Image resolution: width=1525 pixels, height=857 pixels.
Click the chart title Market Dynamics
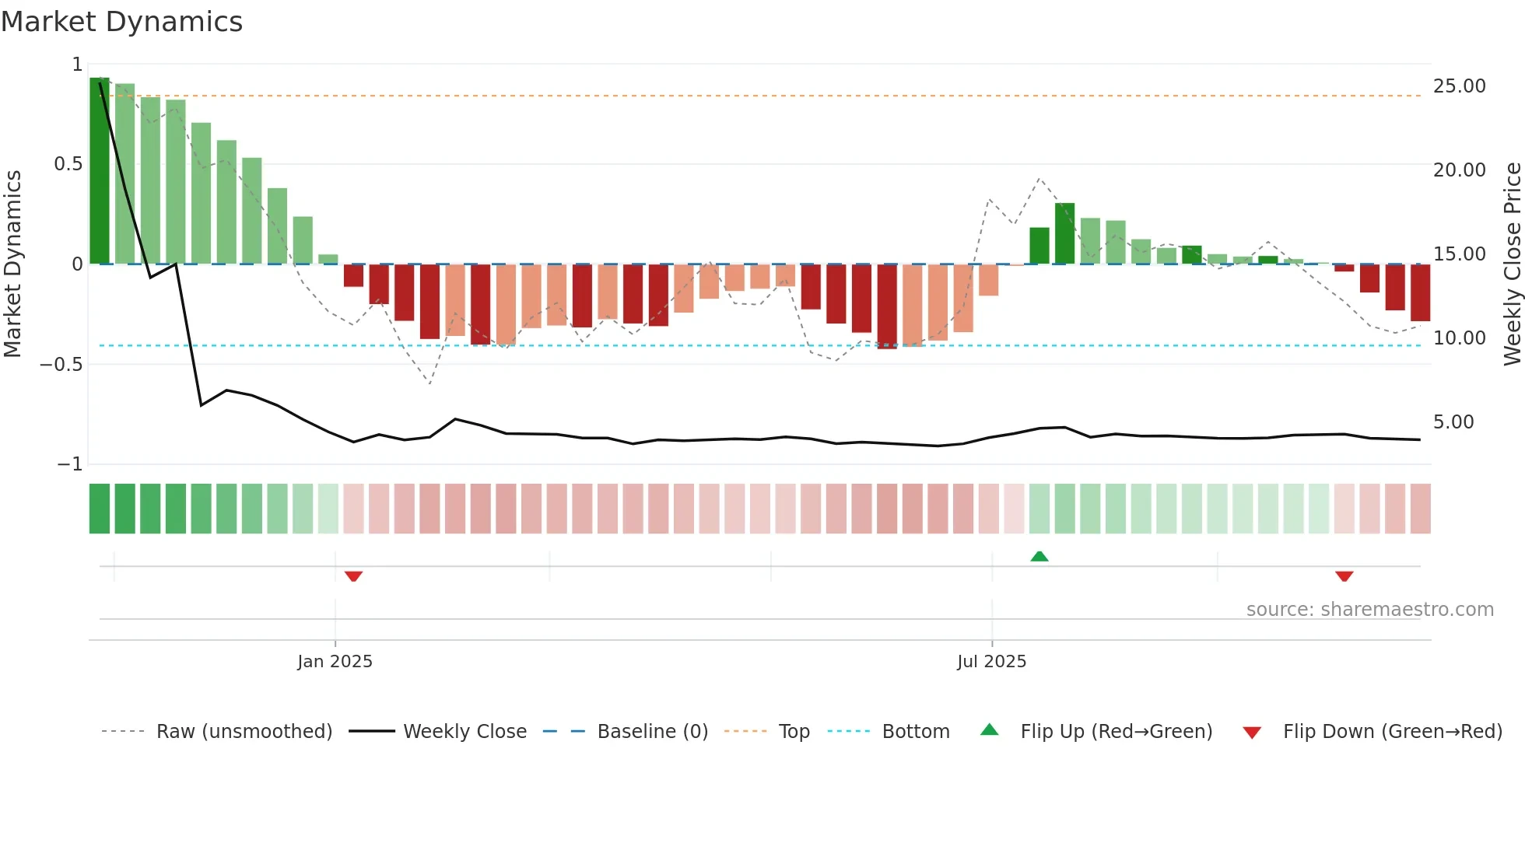pyautogui.click(x=122, y=22)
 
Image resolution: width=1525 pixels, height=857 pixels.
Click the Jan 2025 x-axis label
pyautogui.click(x=335, y=662)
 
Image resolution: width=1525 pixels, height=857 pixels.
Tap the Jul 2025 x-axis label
pyautogui.click(x=991, y=662)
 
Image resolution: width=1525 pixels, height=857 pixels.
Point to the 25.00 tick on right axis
pyautogui.click(x=1459, y=86)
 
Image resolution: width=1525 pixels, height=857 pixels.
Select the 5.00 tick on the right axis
pyautogui.click(x=1453, y=422)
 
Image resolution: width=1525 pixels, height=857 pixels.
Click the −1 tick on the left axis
pyautogui.click(x=70, y=464)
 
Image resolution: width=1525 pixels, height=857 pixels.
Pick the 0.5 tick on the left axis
pyautogui.click(x=68, y=164)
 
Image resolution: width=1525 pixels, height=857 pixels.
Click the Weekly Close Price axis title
pyautogui.click(x=1512, y=264)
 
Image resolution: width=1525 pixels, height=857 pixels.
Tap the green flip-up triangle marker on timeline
pyautogui.click(x=1039, y=556)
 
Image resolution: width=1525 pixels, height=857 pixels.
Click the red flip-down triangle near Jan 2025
pyautogui.click(x=353, y=576)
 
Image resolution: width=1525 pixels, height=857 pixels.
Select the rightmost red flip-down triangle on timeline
pyautogui.click(x=1344, y=576)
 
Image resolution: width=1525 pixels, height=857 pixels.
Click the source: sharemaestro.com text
pyautogui.click(x=1369, y=610)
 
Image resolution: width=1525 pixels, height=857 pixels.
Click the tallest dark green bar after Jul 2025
pyautogui.click(x=1064, y=233)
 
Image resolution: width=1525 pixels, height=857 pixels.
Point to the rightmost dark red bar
pyautogui.click(x=1420, y=292)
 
